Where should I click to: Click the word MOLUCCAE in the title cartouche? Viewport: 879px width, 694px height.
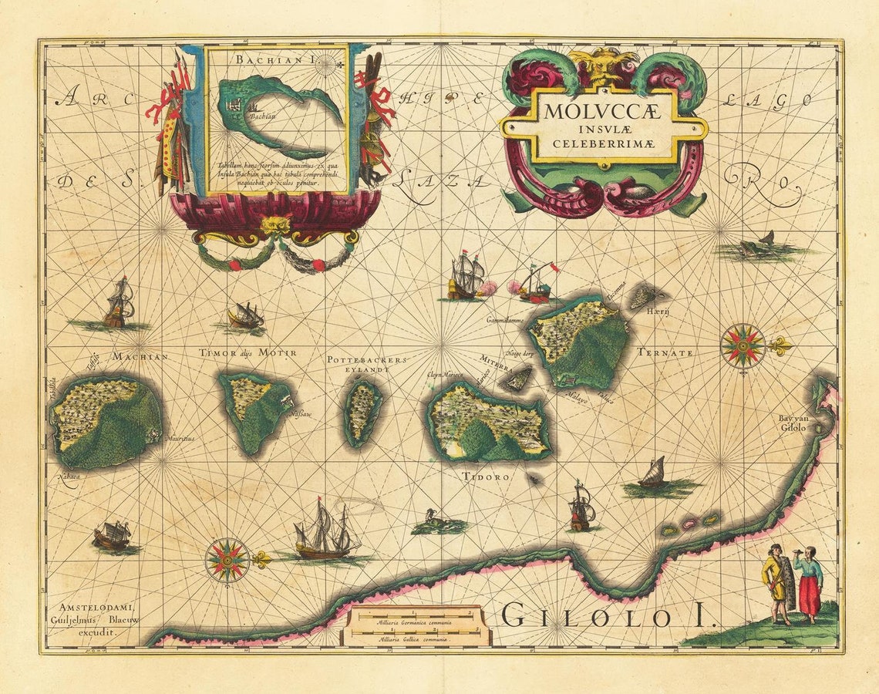tap(603, 110)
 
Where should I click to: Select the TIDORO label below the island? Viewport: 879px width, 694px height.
tap(486, 477)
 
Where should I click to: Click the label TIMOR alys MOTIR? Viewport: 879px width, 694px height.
tap(248, 352)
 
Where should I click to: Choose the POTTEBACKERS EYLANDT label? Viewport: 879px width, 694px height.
tap(366, 364)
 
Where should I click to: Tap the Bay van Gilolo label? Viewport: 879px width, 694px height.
tap(792, 423)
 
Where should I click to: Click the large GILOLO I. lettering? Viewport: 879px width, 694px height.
tap(608, 617)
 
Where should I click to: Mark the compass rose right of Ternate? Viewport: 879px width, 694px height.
tap(743, 345)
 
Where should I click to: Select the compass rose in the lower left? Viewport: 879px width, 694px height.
tap(227, 560)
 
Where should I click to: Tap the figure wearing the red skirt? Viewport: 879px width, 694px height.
tap(809, 584)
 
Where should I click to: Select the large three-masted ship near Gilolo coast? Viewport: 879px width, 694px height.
tap(325, 531)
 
